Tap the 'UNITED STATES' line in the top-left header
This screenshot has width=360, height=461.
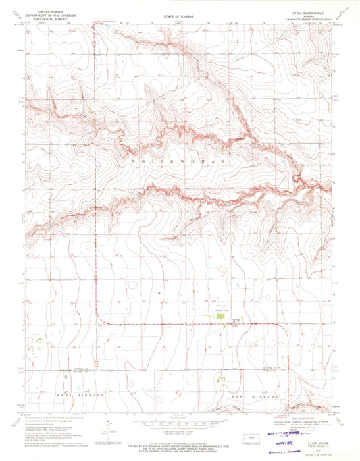(x=43, y=11)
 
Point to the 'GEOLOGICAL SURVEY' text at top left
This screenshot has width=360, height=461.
(x=43, y=18)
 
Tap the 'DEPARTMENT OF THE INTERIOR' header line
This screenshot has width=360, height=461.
(x=43, y=15)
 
